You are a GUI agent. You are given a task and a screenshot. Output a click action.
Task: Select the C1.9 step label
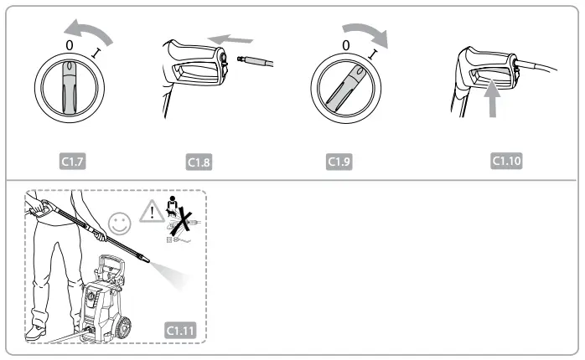click(339, 159)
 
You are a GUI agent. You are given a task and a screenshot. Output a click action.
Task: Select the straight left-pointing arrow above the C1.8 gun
click(231, 39)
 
